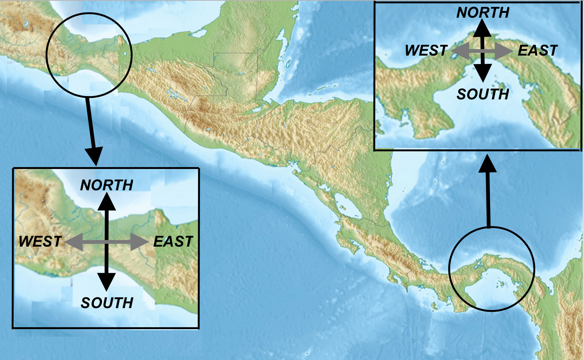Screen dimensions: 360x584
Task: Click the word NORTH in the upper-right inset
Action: pyautogui.click(x=483, y=13)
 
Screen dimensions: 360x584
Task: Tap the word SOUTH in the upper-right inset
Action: pyautogui.click(x=483, y=95)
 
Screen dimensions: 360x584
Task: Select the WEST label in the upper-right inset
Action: pyautogui.click(x=426, y=51)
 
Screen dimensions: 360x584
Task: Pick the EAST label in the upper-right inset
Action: pyautogui.click(x=538, y=51)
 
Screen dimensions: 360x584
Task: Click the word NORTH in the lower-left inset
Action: pyautogui.click(x=107, y=185)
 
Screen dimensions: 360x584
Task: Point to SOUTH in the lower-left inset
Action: pyautogui.click(x=107, y=303)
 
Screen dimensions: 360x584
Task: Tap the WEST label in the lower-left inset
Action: pyautogui.click(x=40, y=242)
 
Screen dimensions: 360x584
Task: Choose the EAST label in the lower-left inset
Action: pyautogui.click(x=173, y=242)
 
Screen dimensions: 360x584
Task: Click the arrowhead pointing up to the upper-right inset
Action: pyautogui.click(x=488, y=164)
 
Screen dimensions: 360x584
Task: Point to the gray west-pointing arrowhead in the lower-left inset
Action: pyautogui.click(x=74, y=242)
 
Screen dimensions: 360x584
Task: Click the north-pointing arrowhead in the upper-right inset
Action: pyautogui.click(x=482, y=29)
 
